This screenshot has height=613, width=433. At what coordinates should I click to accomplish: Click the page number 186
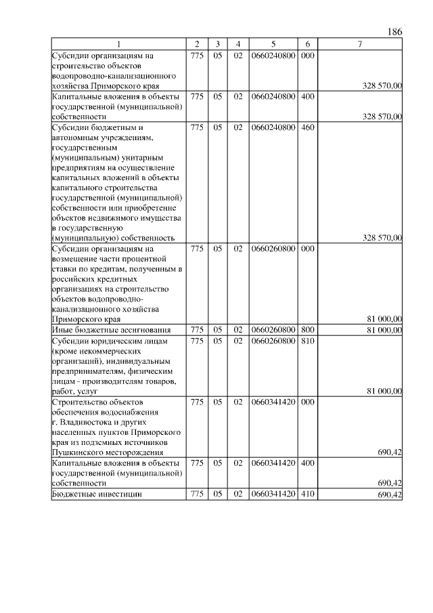[x=396, y=32]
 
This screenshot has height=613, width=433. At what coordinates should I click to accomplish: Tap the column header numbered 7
[x=360, y=44]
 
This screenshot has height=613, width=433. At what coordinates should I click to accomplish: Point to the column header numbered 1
[x=119, y=44]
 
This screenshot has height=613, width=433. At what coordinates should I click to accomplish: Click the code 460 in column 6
[x=307, y=127]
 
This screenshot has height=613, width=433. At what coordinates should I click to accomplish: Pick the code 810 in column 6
[x=307, y=340]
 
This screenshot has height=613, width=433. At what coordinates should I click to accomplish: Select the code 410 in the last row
[x=307, y=495]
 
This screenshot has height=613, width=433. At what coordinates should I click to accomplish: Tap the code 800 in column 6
[x=307, y=330]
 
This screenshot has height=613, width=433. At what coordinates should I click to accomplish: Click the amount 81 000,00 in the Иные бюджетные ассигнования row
[x=384, y=330]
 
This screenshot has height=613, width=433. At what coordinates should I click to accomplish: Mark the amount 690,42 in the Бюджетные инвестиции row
[x=390, y=495]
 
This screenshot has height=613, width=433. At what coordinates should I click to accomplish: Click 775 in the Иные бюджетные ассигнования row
[x=197, y=330]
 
